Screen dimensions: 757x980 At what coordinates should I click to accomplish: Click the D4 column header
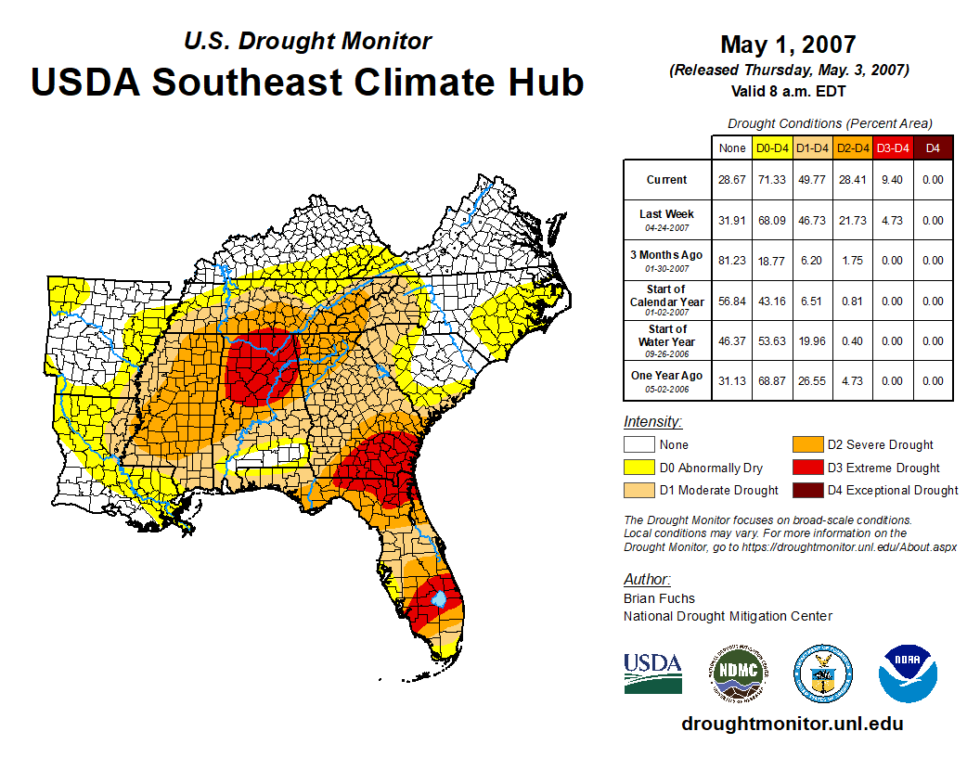coord(934,148)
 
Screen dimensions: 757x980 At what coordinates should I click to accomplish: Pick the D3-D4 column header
coord(893,148)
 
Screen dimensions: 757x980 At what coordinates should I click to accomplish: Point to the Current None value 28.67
coord(732,180)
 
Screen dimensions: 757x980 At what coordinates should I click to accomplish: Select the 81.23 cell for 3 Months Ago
coord(732,261)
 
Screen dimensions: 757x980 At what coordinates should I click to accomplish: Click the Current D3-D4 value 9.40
coord(893,180)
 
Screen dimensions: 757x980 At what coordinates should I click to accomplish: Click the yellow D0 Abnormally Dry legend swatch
coord(638,468)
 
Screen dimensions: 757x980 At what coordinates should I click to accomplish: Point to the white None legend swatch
coord(638,445)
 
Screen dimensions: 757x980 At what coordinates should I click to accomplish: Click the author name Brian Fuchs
coord(659,598)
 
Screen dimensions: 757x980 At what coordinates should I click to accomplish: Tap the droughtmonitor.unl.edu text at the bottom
coord(792,724)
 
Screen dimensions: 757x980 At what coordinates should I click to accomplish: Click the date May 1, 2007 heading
coord(788,45)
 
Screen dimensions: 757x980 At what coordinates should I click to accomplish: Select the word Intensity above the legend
coord(652,422)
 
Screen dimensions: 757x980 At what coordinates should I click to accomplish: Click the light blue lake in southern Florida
coord(439,600)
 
